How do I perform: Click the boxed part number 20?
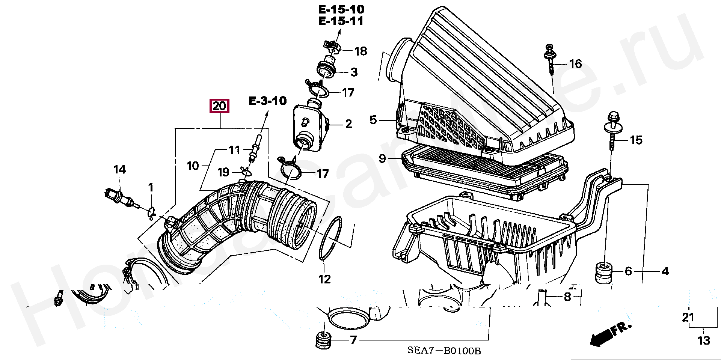[x=219, y=106]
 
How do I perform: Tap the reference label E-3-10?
[x=268, y=101]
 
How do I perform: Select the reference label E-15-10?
[x=341, y=9]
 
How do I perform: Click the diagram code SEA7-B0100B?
[x=444, y=351]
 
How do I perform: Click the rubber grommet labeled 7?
[x=323, y=340]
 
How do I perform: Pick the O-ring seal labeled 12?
[x=330, y=238]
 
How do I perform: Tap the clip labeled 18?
[x=332, y=47]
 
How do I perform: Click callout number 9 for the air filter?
[x=382, y=158]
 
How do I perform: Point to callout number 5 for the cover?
[x=373, y=120]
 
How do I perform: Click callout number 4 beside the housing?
[x=665, y=271]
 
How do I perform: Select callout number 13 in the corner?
[x=704, y=340]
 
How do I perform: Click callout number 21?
[x=688, y=318]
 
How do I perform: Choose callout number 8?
[x=567, y=297]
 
